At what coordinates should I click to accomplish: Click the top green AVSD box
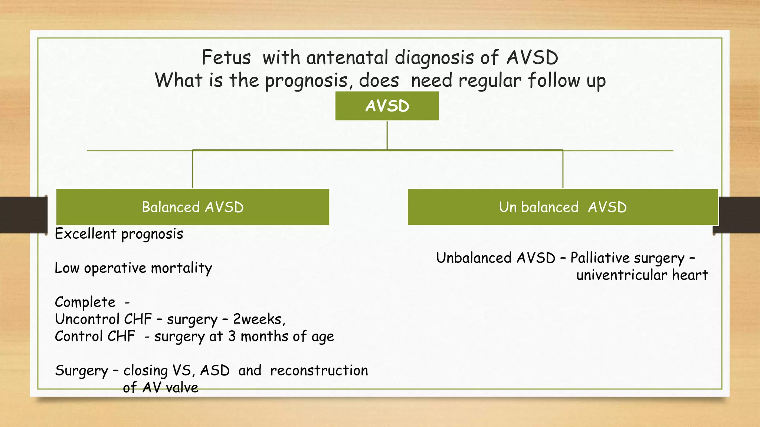tap(387, 106)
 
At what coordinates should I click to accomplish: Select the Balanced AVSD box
tap(193, 207)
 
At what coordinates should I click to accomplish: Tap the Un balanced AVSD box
tap(563, 207)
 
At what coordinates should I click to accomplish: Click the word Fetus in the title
tap(226, 58)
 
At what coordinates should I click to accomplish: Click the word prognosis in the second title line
tap(307, 81)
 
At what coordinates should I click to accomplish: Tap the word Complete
tap(85, 302)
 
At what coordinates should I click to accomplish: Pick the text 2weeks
tap(259, 319)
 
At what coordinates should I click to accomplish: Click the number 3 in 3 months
tap(232, 336)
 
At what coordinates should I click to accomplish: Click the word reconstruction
tap(319, 370)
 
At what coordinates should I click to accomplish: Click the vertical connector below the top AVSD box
tap(387, 135)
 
